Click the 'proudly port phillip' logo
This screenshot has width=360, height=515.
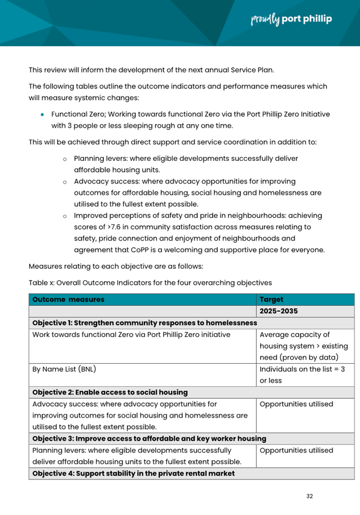click(x=291, y=19)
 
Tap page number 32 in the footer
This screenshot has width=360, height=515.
click(x=309, y=496)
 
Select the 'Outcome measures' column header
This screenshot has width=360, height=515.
click(x=68, y=300)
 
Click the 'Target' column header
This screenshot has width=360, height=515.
click(x=271, y=300)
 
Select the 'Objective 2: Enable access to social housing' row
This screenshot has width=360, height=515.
click(x=110, y=392)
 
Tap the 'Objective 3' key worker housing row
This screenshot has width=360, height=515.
click(x=150, y=438)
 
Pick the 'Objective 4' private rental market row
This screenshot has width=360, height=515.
click(x=134, y=473)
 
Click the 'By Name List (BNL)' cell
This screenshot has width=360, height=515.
click(x=64, y=369)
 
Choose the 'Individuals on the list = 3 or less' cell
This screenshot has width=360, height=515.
click(x=302, y=375)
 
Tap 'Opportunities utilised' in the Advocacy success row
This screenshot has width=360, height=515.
click(x=296, y=404)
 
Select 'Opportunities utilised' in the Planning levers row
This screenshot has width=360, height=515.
click(x=296, y=451)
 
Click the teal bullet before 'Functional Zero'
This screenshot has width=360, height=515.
click(x=42, y=114)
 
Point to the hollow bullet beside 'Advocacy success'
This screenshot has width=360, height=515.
click(x=65, y=182)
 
